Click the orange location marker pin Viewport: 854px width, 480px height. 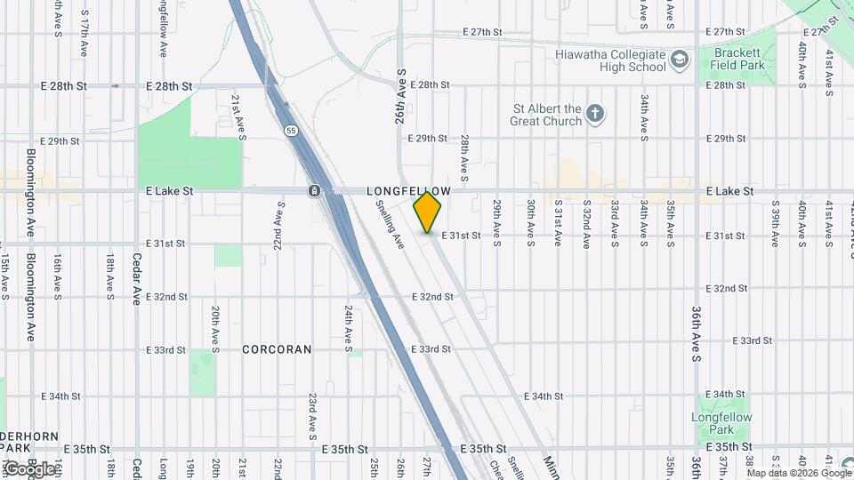tap(428, 212)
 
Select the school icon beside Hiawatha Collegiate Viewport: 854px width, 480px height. tap(681, 60)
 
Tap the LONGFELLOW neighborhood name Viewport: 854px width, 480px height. tap(409, 191)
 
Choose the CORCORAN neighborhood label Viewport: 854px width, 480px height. tap(277, 349)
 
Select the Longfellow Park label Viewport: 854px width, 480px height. tap(721, 423)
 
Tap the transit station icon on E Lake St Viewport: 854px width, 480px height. tap(314, 191)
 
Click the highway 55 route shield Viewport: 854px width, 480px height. tap(291, 131)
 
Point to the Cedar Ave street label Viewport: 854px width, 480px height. tap(137, 279)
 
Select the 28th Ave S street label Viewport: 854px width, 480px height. tap(464, 154)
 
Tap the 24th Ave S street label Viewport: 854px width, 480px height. tap(347, 325)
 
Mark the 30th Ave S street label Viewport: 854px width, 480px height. tap(530, 222)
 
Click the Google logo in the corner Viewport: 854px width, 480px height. tap(28, 469)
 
